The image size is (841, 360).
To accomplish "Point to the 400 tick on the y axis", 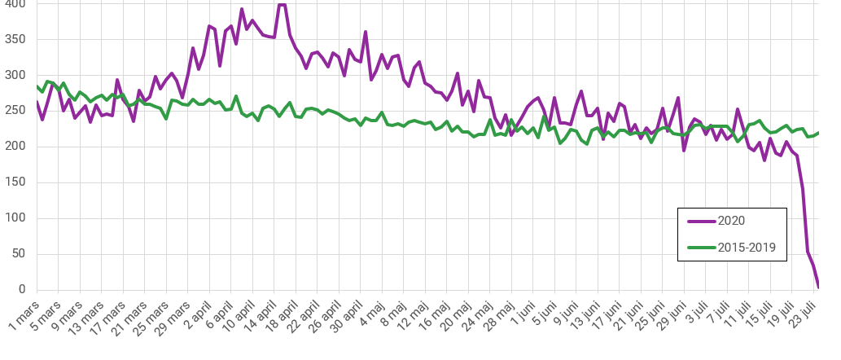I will tap(15, 5).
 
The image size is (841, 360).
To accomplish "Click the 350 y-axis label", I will tap(15, 39).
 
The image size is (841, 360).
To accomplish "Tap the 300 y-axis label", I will tap(15, 75).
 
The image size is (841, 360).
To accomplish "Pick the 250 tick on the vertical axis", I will tap(15, 111).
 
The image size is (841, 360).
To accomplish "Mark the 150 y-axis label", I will tap(15, 182).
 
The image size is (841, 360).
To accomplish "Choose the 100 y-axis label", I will tap(15, 218).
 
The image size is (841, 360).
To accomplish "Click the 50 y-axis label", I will tap(19, 254).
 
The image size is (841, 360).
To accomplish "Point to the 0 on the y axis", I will tap(22, 290).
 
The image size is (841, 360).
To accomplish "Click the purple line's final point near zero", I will tap(818, 287).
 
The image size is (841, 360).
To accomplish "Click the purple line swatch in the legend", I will tap(700, 220).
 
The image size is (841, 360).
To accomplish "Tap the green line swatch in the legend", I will tap(700, 247).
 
